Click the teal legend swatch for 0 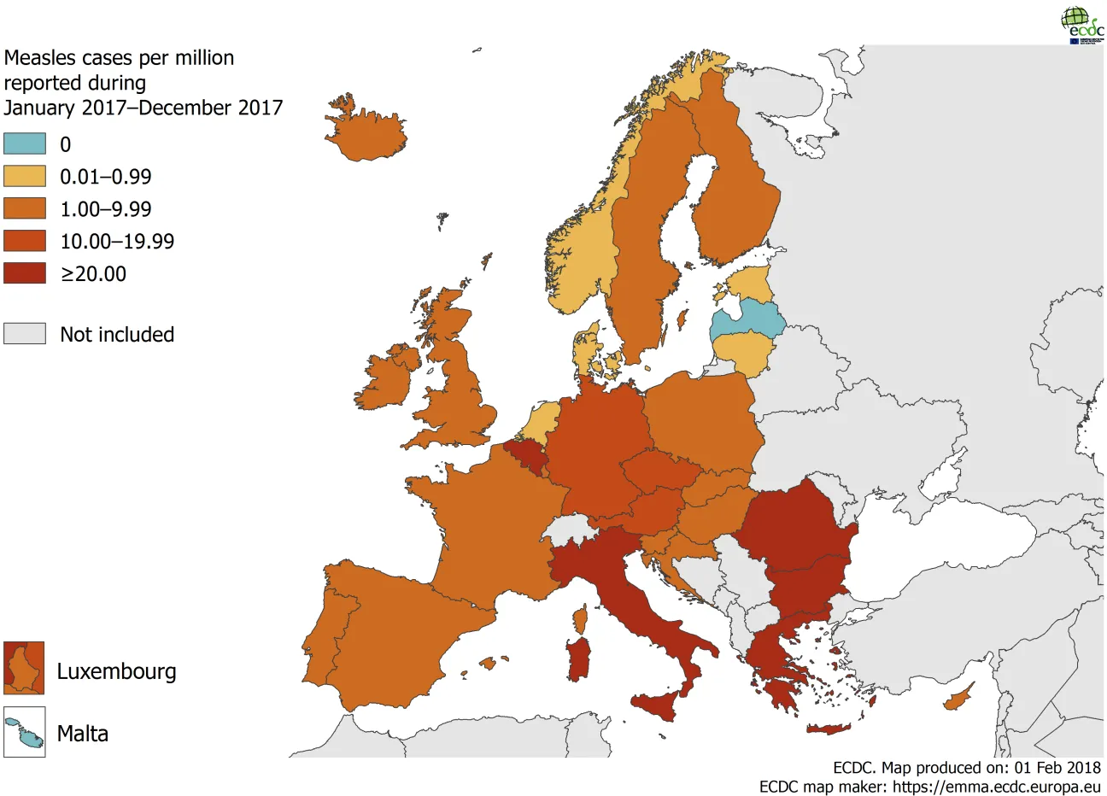coord(25,143)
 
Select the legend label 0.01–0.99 coord(105,177)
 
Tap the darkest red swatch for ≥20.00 coord(25,273)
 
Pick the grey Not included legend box coord(25,333)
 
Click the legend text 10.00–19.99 coord(116,242)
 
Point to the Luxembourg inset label coord(116,671)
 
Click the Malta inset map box coord(24,732)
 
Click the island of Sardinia coord(580,659)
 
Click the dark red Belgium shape coord(526,455)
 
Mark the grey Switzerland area coord(569,530)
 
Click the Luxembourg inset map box coord(24,668)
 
